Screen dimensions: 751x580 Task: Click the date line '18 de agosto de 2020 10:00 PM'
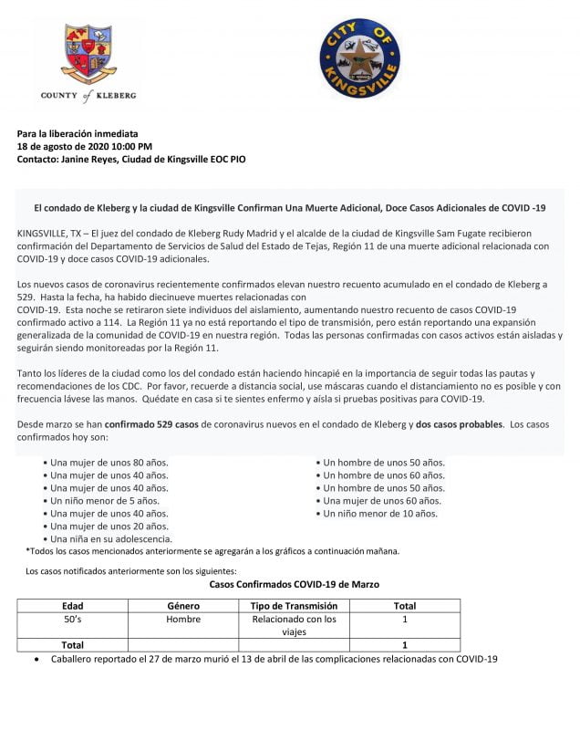pyautogui.click(x=85, y=146)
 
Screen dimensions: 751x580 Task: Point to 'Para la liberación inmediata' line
pyautogui.click(x=78, y=133)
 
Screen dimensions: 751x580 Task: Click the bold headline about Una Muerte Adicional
pyautogui.click(x=290, y=208)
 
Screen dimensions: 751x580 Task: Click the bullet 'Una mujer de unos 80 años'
pyautogui.click(x=109, y=462)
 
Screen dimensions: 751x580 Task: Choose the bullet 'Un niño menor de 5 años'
pyautogui.click(x=105, y=500)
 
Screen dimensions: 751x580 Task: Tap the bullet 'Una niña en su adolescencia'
pyautogui.click(x=111, y=538)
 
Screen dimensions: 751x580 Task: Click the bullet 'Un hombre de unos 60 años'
pyautogui.click(x=383, y=475)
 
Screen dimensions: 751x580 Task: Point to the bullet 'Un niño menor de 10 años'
pyautogui.click(x=380, y=513)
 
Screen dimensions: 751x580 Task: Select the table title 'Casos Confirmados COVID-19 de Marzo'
pyautogui.click(x=295, y=583)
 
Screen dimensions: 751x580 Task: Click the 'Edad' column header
pyautogui.click(x=72, y=605)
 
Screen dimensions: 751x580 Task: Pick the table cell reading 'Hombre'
pyautogui.click(x=183, y=619)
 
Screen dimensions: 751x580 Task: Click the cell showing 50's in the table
pyautogui.click(x=72, y=619)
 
